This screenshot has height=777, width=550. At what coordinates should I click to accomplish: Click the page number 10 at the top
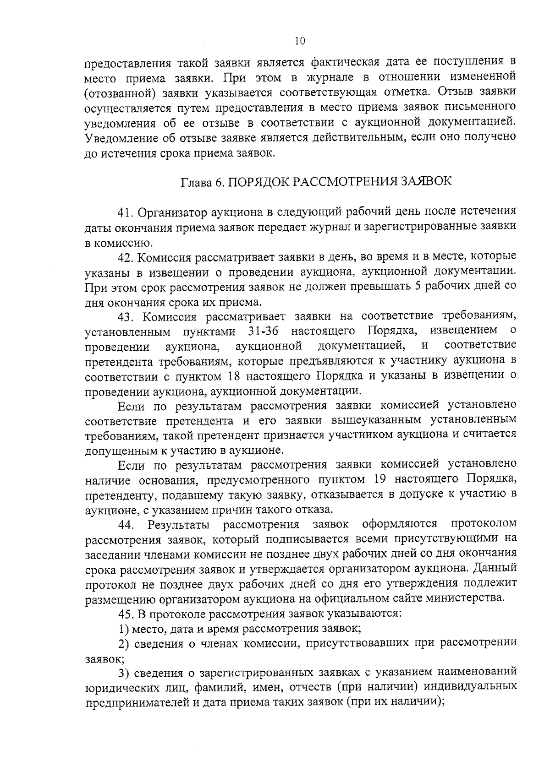[x=299, y=41]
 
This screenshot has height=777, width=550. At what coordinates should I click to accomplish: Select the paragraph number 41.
[x=125, y=212]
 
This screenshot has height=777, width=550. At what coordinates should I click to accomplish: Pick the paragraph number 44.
[x=126, y=524]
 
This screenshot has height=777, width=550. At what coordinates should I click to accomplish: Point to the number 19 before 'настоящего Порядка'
[x=380, y=479]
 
